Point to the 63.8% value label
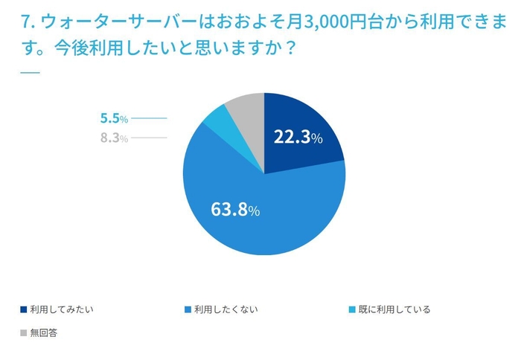[x=235, y=210]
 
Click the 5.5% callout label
[x=114, y=118]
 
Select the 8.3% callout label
[x=114, y=138]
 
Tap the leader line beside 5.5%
[x=149, y=118]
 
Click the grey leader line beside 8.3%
[x=149, y=138]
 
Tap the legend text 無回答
[x=44, y=332]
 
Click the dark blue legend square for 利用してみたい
[x=24, y=309]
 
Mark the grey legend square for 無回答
[x=24, y=332]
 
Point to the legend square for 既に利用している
[x=354, y=309]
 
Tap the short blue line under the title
[x=29, y=72]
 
